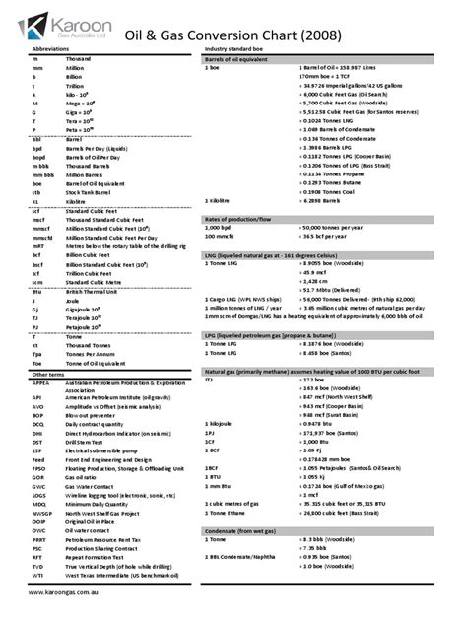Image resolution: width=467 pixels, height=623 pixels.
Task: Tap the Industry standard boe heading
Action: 237,47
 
